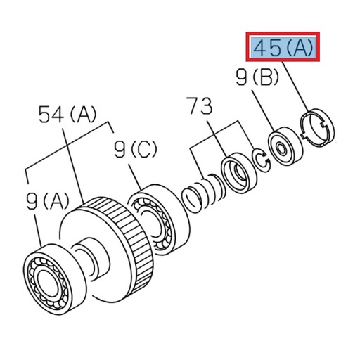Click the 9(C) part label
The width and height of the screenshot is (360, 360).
[136, 150]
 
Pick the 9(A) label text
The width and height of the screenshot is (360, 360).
[46, 203]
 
